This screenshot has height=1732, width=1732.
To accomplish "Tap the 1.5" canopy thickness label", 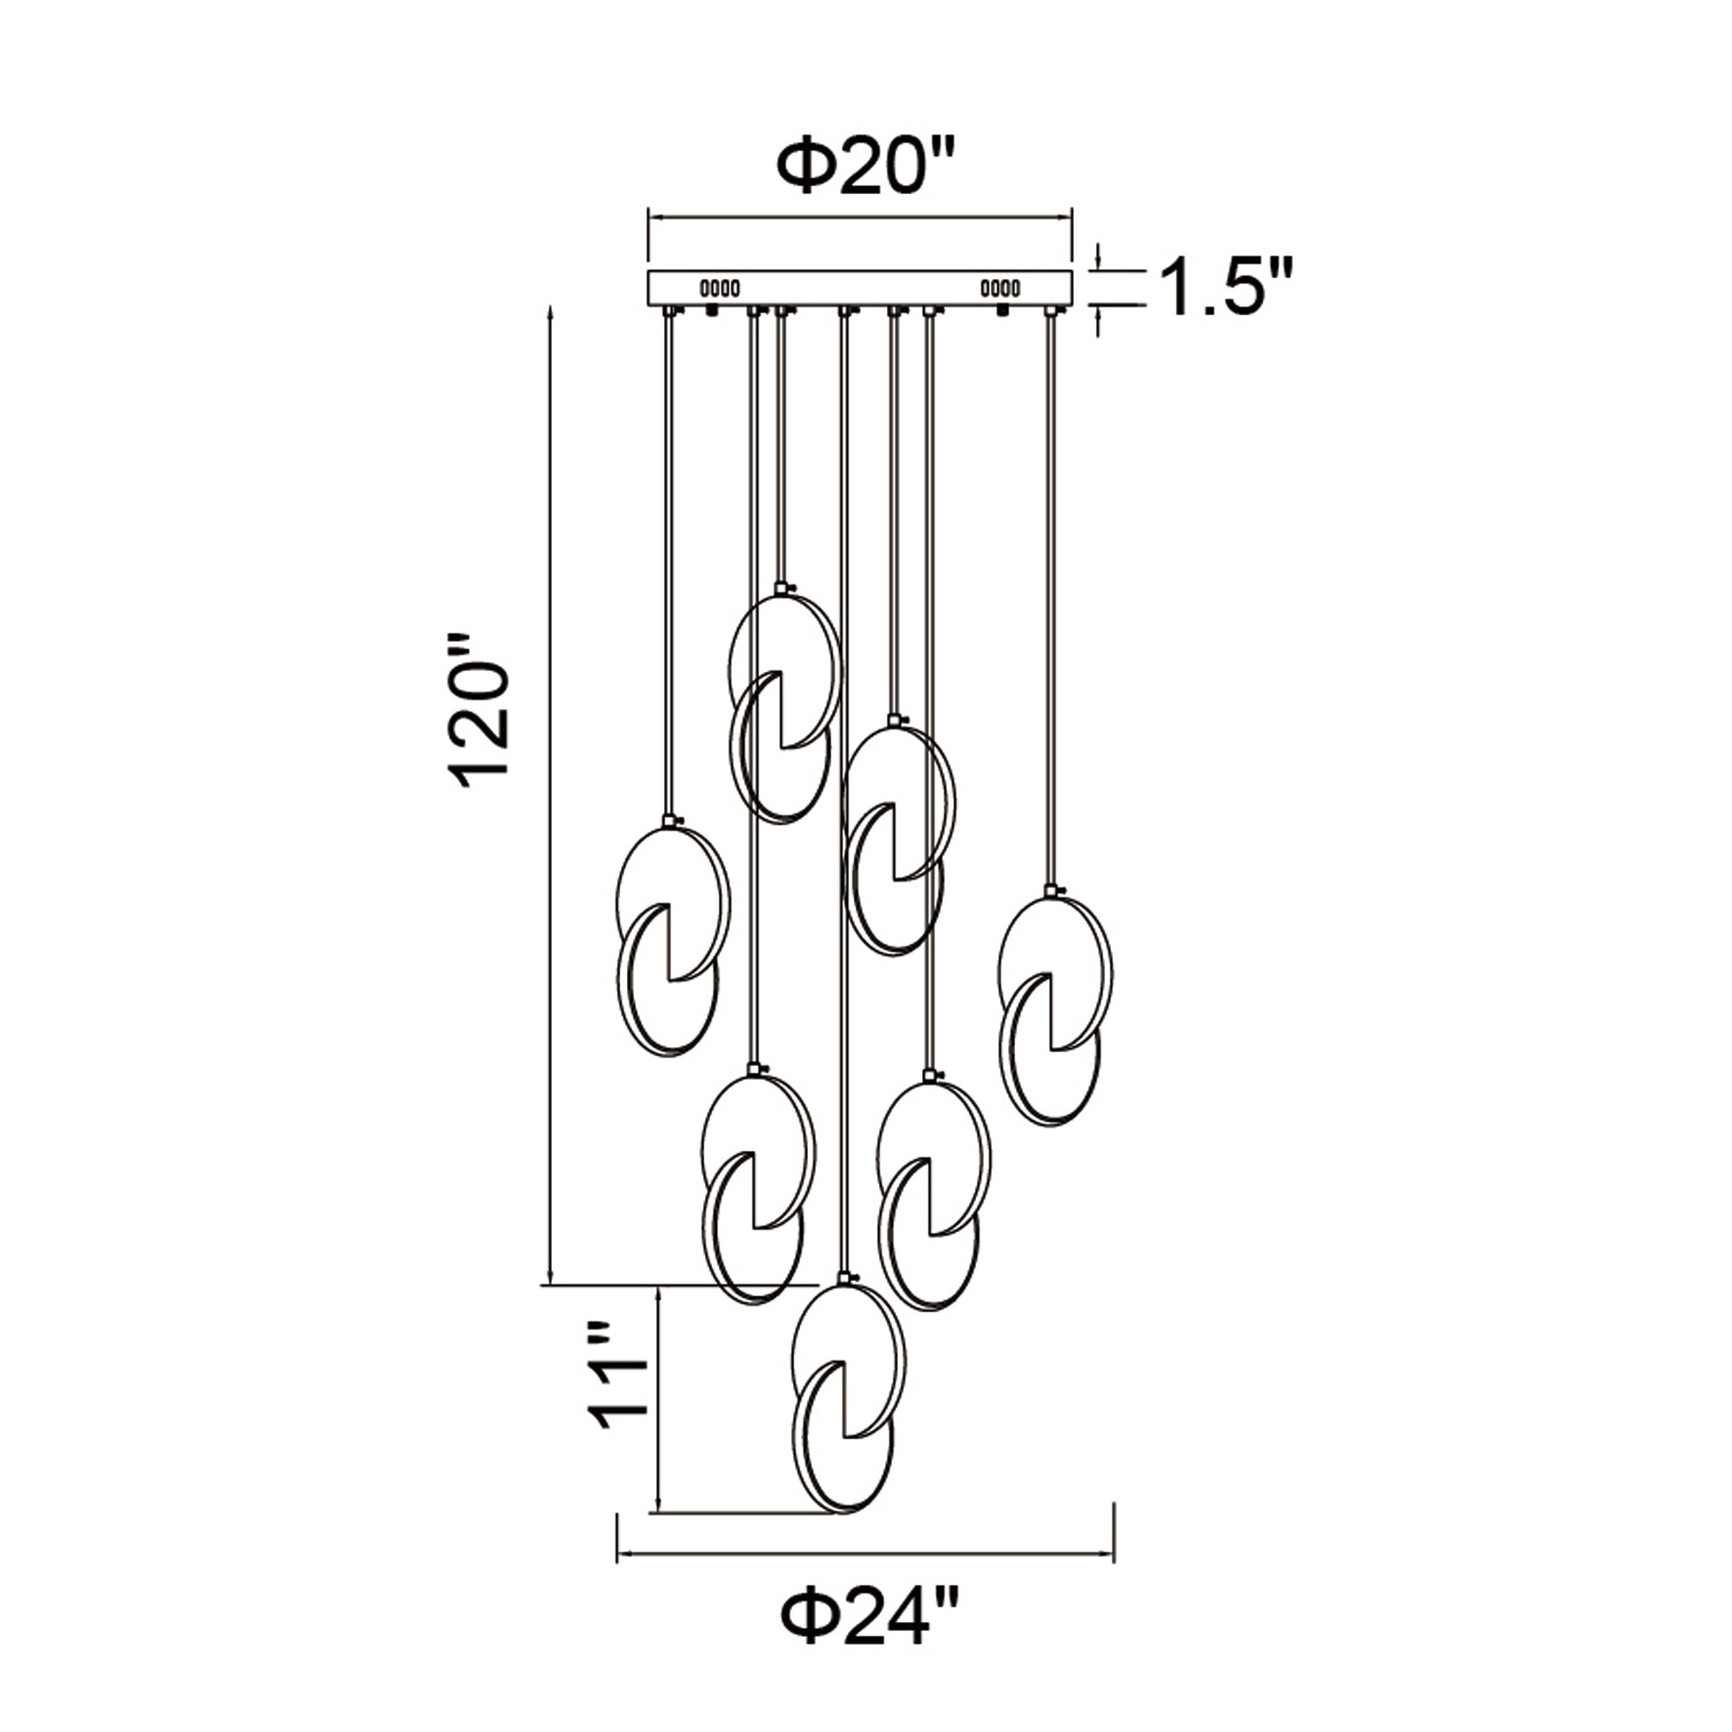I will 1226,287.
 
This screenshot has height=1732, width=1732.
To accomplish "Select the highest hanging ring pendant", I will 783,708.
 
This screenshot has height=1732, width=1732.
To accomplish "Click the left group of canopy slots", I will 719,288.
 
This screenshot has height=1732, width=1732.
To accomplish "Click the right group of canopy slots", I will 1000,288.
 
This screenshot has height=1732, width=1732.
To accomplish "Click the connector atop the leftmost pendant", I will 668,820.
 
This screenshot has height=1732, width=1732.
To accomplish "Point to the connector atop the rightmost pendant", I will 1050,891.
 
